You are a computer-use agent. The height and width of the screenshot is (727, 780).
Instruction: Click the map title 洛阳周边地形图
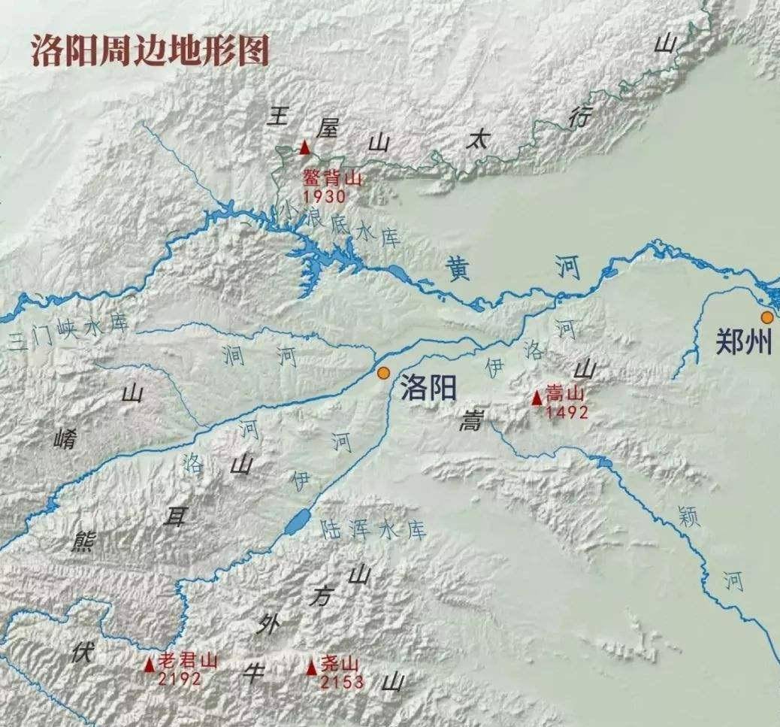150,50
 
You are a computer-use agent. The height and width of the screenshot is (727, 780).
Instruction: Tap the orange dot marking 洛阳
384,372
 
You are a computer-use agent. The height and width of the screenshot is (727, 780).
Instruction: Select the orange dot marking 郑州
766,317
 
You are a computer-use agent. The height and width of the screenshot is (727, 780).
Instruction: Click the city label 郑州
743,343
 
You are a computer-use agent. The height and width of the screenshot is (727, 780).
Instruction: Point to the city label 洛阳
428,388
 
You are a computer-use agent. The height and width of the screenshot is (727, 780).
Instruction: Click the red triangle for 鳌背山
304,147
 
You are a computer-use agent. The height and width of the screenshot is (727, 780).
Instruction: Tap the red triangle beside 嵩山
537,398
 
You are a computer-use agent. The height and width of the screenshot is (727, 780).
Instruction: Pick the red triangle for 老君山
150,664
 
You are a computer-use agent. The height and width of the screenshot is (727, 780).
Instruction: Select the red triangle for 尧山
312,666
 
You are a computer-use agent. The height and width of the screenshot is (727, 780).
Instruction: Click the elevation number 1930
325,197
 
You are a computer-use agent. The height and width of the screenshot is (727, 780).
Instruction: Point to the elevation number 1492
567,411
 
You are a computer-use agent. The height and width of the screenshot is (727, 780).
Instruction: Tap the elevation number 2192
180,679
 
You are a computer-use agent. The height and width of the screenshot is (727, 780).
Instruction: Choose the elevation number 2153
342,682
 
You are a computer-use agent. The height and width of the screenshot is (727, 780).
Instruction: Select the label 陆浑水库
373,529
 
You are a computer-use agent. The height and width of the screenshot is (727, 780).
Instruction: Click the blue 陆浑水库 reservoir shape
295,521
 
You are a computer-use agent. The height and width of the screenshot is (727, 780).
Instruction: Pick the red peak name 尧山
340,664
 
